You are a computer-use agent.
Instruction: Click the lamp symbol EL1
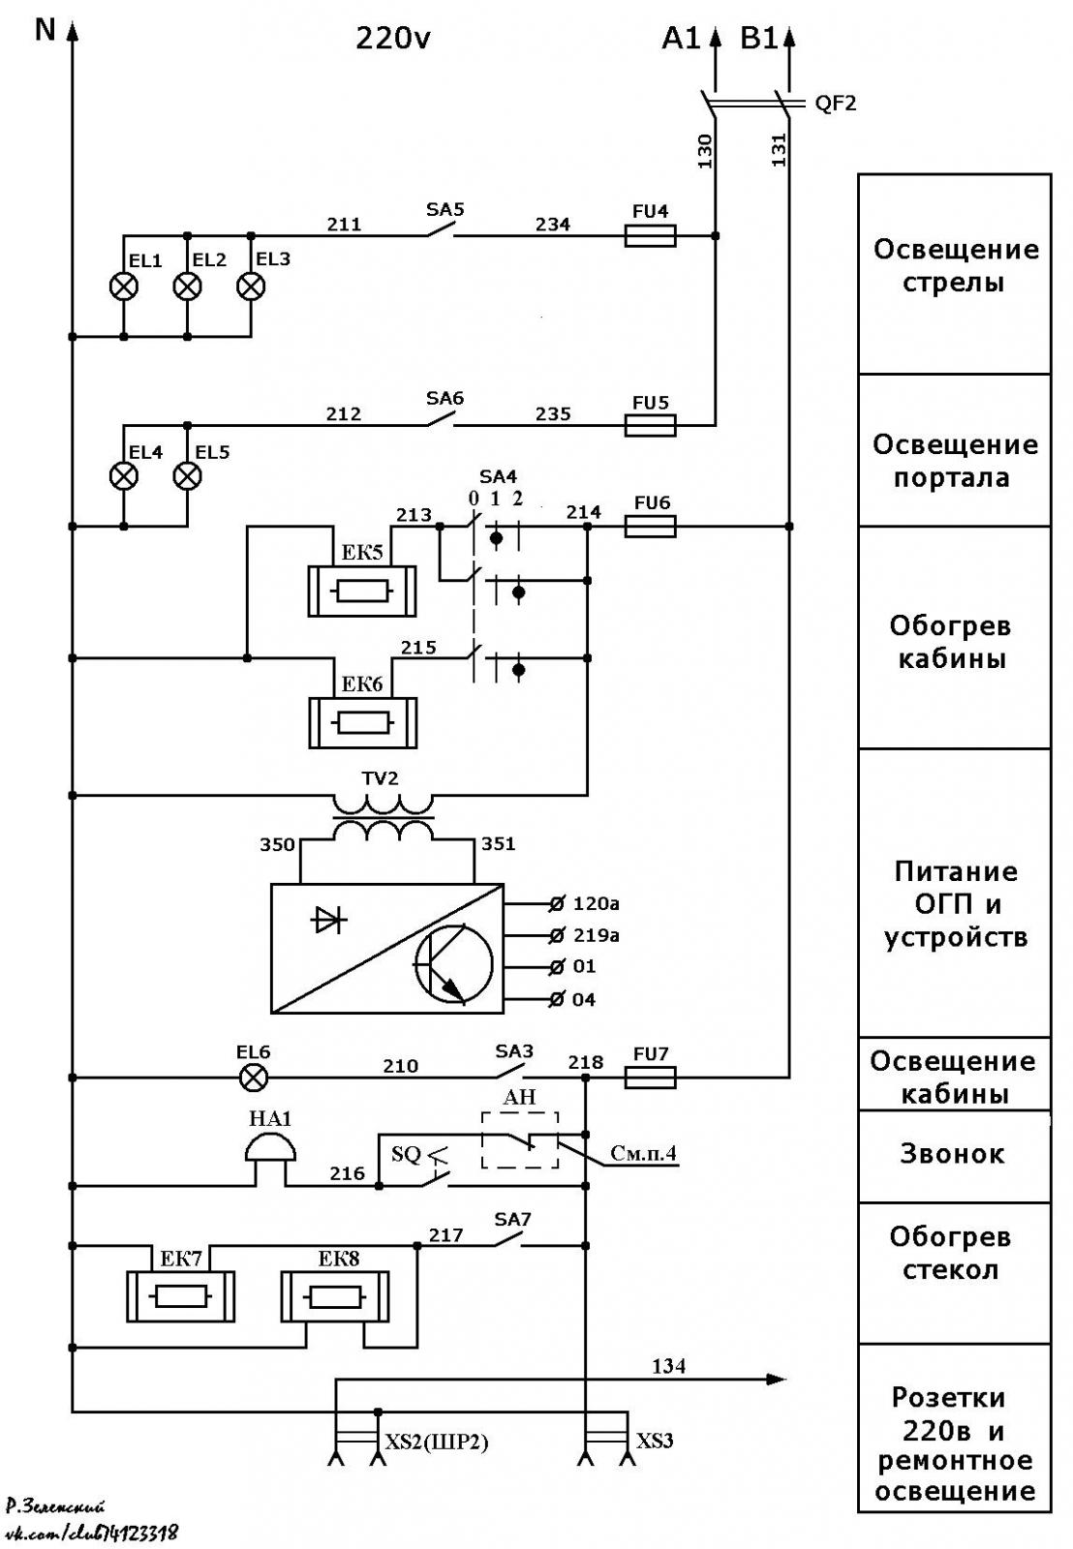coord(124,286)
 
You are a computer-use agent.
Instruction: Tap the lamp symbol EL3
coord(251,286)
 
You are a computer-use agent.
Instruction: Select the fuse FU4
coord(651,236)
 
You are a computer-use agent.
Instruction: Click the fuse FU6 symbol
coord(651,527)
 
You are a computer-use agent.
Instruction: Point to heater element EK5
coord(362,591)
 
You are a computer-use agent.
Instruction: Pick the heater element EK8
coord(335,1296)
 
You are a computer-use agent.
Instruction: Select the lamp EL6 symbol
coord(253,1078)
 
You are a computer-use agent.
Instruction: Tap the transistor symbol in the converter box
coord(453,964)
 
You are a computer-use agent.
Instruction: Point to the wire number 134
coord(668,1366)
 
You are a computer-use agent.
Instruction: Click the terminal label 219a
coord(596,935)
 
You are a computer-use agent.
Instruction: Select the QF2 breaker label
coord(835,104)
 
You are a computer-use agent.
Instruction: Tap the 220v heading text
coord(393,39)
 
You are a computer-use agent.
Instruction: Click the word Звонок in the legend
coord(952,1153)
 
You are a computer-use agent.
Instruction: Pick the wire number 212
coord(344,413)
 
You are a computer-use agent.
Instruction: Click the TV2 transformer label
coord(380,778)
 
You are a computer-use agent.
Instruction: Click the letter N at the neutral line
coord(45,30)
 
